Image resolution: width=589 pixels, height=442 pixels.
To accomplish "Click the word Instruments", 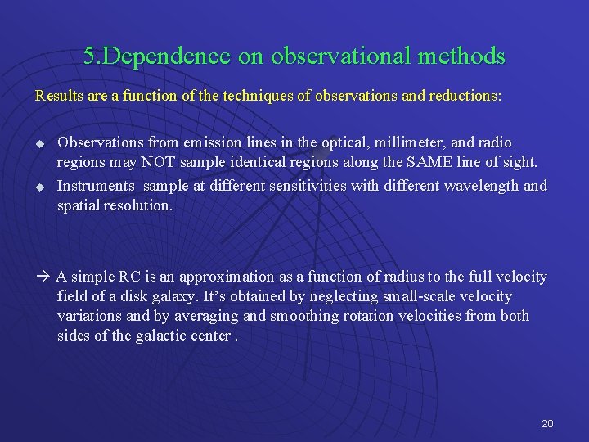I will point(93,186).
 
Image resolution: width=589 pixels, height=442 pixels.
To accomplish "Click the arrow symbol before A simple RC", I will point(43,277).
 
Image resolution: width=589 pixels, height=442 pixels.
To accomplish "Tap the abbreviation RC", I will point(129,277).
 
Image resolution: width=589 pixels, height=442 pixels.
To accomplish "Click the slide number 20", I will point(547,424).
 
